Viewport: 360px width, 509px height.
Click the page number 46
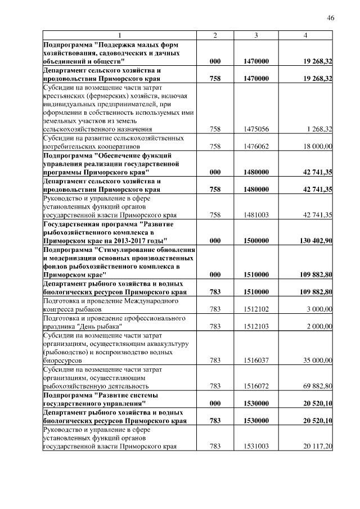point(331,18)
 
